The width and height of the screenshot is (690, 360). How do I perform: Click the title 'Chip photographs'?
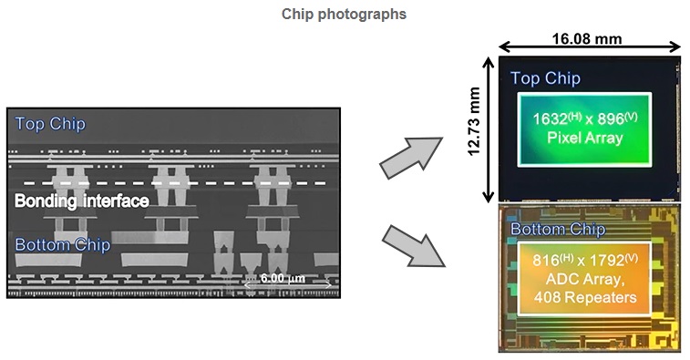pos(345,15)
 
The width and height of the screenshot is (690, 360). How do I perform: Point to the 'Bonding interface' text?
pos(82,201)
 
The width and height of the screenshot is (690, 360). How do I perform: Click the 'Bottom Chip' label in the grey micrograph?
pos(62,244)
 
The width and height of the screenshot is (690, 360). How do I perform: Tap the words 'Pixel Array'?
pos(584,139)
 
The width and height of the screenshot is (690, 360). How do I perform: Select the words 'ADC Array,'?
pos(585,279)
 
